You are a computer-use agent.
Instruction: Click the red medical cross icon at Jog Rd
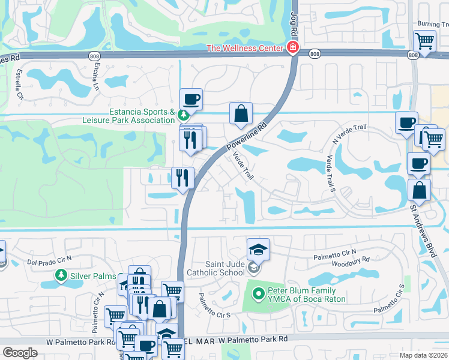pos(293,47)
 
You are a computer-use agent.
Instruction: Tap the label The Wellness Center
pos(246,48)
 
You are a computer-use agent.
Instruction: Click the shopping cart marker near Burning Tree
pos(424,41)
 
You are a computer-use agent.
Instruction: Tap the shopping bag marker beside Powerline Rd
pos(241,113)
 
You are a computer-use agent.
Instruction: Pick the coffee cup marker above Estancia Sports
pos(191,99)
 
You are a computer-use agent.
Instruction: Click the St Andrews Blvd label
pos(423,231)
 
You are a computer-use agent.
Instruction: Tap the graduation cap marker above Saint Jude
pos(258,248)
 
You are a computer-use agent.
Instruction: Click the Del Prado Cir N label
pos(49,260)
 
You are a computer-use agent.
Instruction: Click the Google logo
pos(20,352)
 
